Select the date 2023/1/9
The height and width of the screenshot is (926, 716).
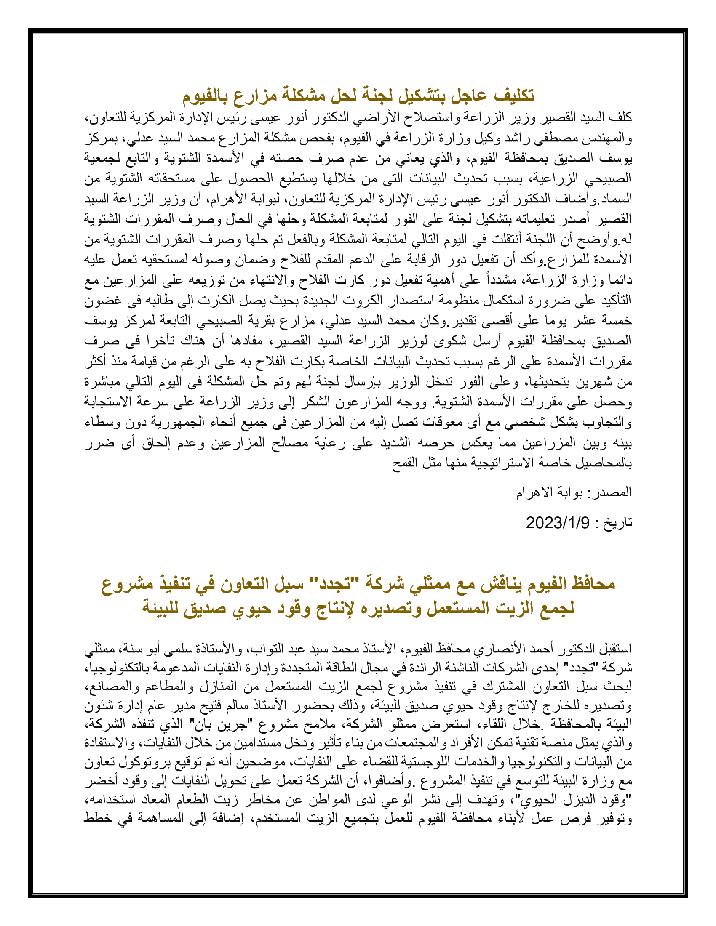[x=557, y=523]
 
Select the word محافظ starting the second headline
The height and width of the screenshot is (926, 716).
[x=592, y=584]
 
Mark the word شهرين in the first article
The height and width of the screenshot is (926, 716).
[x=594, y=382]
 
